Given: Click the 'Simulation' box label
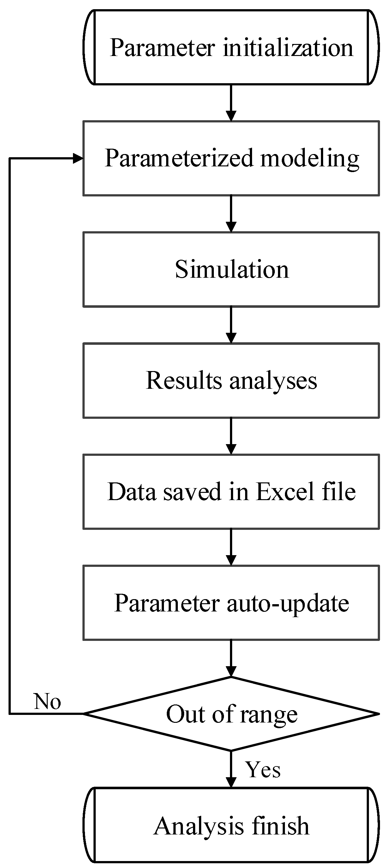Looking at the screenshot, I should [232, 269].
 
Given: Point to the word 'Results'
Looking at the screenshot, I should [184, 381].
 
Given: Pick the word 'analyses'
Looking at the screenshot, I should [273, 381].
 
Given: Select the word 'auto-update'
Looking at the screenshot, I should [288, 603].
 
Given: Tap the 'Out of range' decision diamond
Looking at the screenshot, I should [232, 714].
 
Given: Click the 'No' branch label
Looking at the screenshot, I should [47, 702].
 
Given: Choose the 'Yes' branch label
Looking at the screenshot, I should [263, 770].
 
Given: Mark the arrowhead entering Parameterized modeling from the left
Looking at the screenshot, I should [78, 158].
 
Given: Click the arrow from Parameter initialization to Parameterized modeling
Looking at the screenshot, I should [231, 103].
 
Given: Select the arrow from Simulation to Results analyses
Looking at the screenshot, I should [231, 325].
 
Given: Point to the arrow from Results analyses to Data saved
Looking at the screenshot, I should [231, 436].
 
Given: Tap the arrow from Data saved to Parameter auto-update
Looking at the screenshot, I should [231, 547].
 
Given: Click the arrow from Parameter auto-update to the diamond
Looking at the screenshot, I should [231, 658].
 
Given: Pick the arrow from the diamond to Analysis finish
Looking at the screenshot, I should [231, 769].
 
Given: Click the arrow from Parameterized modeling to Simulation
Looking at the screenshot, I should [231, 214].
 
